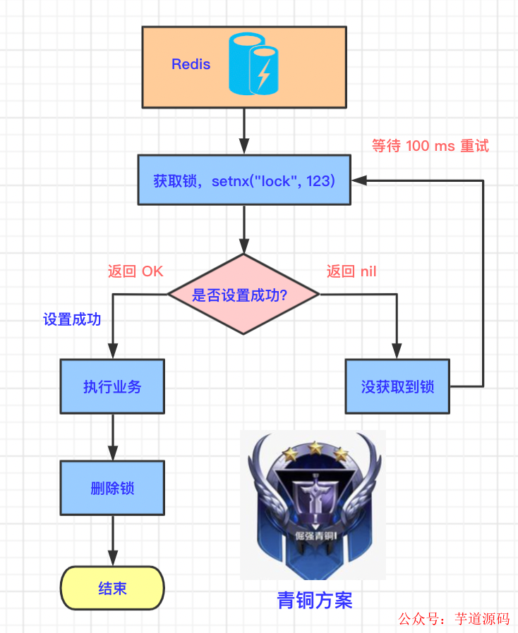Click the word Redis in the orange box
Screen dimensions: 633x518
click(x=191, y=64)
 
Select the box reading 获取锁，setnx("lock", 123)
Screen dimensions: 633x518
click(x=244, y=180)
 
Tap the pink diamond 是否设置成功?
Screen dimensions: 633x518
click(x=244, y=295)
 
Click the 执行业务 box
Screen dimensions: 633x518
click(x=112, y=386)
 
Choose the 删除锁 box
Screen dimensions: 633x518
click(x=112, y=488)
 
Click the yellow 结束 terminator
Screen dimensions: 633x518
click(x=112, y=588)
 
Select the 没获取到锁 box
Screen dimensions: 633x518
click(x=397, y=386)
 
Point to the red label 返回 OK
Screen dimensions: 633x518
click(x=135, y=271)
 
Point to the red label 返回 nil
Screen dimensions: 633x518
click(x=351, y=271)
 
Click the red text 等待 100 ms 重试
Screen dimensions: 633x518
click(x=430, y=146)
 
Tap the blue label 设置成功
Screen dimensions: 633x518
click(x=72, y=319)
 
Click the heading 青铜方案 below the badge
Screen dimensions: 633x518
click(x=314, y=600)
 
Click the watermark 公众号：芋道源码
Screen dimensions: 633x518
click(x=453, y=619)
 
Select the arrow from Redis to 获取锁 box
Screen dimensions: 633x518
click(x=244, y=131)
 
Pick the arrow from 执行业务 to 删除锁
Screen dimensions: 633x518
click(x=112, y=437)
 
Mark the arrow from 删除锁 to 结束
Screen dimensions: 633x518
click(x=112, y=539)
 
